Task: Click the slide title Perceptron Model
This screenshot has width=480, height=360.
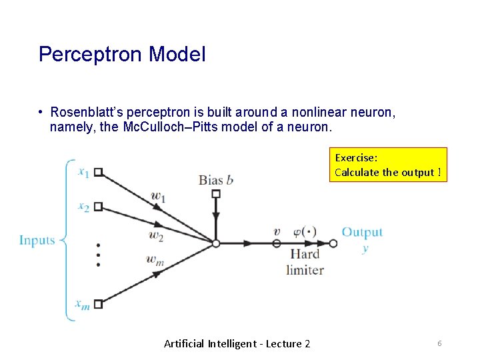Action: (x=122, y=54)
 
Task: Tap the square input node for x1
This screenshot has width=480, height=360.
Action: (x=98, y=172)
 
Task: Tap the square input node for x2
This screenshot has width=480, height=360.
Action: (x=98, y=207)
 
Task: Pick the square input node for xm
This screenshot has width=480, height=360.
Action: (x=98, y=304)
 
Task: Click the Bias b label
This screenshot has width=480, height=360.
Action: (x=216, y=179)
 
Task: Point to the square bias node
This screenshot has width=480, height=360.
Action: (x=215, y=194)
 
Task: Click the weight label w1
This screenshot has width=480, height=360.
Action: (x=158, y=196)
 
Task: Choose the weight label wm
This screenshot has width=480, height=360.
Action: (x=154, y=261)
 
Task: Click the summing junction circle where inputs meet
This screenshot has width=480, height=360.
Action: (x=215, y=243)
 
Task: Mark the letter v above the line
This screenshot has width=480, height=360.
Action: (x=277, y=232)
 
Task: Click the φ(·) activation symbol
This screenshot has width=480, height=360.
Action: (x=305, y=232)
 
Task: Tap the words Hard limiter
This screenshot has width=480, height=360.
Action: (x=305, y=261)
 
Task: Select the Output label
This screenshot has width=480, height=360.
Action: (x=362, y=232)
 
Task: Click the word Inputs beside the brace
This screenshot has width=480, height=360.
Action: (x=37, y=240)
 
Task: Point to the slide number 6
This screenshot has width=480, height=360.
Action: (x=439, y=343)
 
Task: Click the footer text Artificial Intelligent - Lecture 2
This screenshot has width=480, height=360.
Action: (x=237, y=343)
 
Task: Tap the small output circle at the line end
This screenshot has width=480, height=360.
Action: (x=333, y=243)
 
